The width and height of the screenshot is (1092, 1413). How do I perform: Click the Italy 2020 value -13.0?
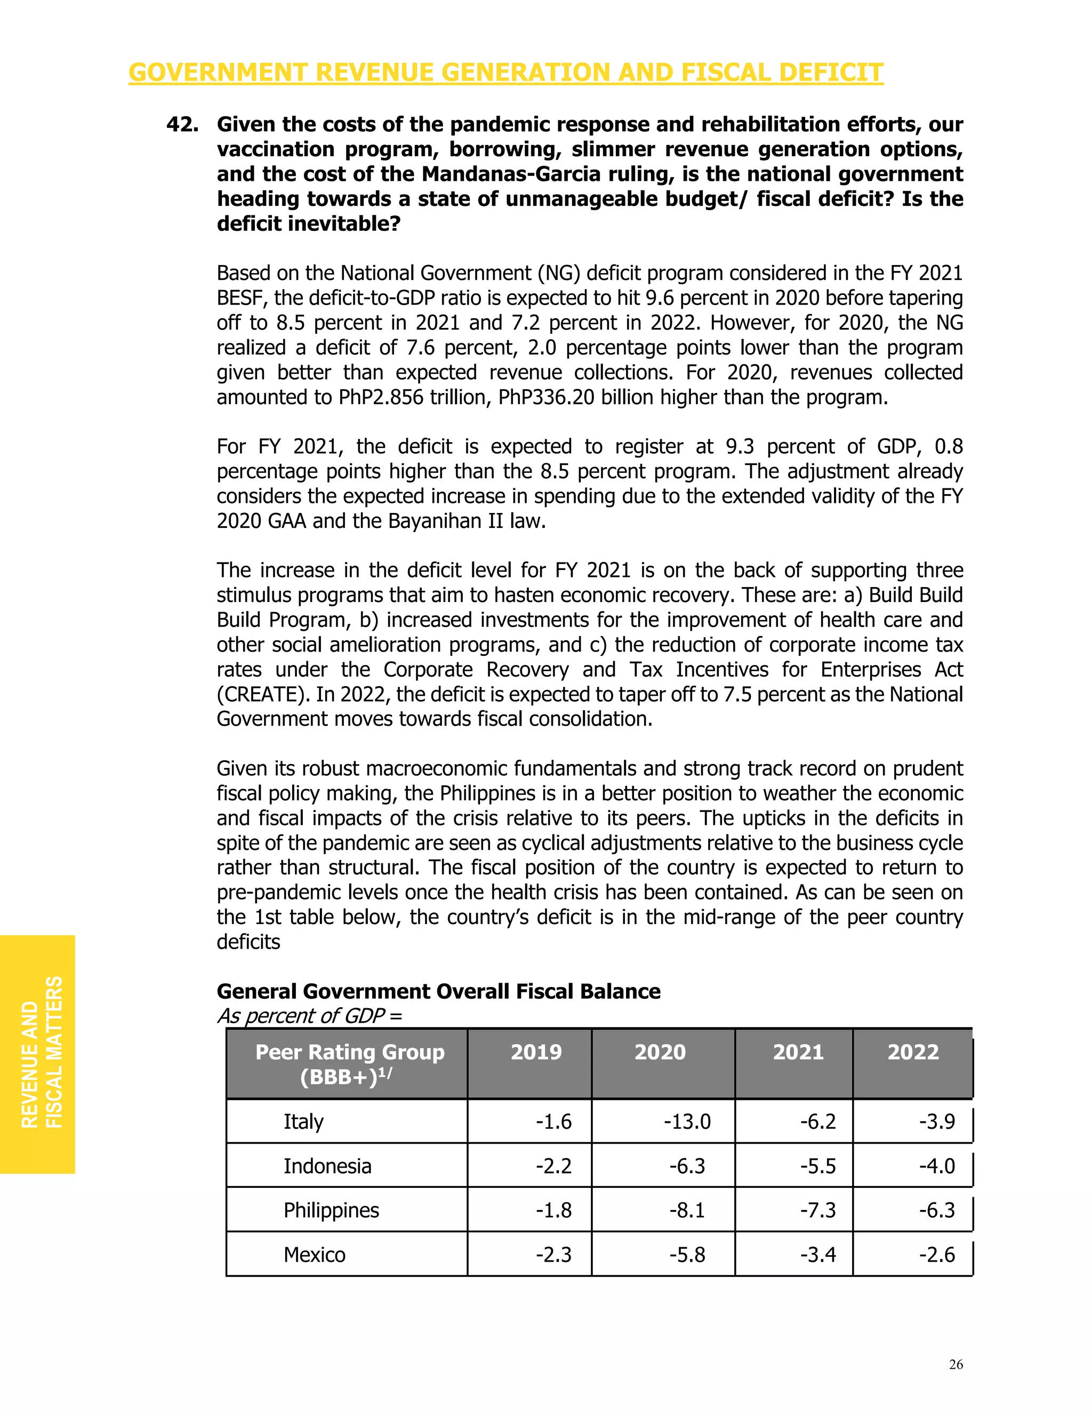point(686,1121)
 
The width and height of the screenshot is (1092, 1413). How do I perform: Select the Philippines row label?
point(331,1210)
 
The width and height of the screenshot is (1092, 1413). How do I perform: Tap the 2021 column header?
point(798,1052)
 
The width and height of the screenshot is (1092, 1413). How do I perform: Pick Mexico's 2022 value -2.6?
point(937,1255)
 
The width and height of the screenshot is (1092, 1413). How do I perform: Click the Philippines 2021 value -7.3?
point(818,1210)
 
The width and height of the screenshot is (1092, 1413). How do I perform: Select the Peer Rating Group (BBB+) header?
point(349,1064)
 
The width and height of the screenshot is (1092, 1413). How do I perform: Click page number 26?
point(955,1364)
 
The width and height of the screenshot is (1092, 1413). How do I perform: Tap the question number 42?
point(182,124)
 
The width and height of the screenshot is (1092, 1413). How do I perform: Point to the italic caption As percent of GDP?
point(309,1016)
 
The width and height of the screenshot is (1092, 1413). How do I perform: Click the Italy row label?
point(303,1121)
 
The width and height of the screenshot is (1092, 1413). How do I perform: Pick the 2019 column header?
point(536,1052)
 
